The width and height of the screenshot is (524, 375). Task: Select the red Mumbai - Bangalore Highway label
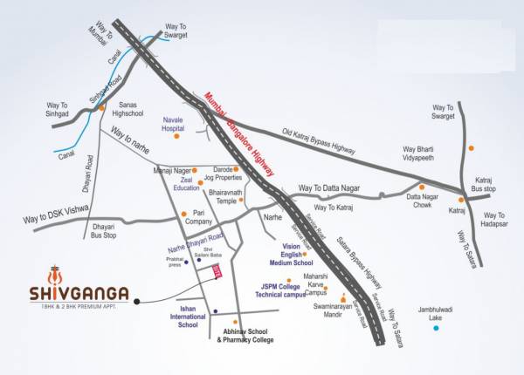(239, 134)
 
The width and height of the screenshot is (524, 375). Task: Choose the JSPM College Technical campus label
(281, 291)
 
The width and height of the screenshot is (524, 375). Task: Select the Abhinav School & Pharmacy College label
(249, 335)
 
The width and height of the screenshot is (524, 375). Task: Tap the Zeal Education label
(186, 183)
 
